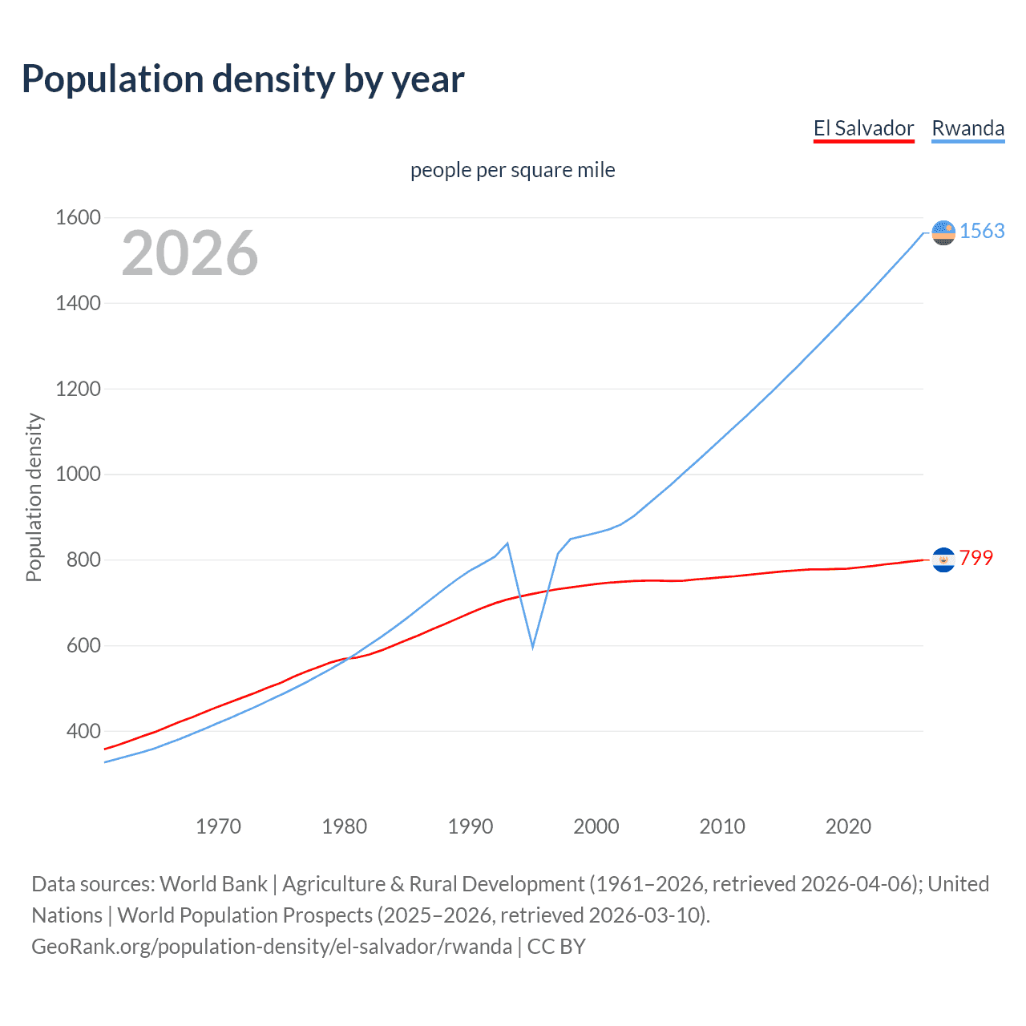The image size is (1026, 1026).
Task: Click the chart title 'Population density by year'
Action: [243, 79]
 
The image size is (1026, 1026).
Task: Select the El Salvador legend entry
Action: [863, 128]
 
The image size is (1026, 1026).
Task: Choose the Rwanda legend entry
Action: [967, 128]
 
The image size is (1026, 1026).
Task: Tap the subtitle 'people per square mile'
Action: [512, 170]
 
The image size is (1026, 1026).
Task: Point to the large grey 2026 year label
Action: [190, 253]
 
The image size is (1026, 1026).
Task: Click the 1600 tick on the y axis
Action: [78, 217]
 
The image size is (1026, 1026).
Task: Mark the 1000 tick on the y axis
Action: [78, 474]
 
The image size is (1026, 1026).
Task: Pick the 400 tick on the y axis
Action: [83, 731]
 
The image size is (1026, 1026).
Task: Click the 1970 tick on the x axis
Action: [218, 826]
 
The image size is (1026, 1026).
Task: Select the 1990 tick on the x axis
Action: [471, 826]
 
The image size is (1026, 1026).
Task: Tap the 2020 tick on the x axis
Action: [848, 826]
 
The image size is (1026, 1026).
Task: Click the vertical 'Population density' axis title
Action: [34, 497]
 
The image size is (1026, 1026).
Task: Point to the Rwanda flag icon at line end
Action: [943, 232]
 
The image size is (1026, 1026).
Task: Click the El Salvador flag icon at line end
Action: [943, 559]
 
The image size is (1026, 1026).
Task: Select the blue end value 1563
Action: [982, 231]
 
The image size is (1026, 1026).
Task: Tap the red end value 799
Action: [976, 558]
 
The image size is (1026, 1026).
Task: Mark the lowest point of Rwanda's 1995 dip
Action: [532, 646]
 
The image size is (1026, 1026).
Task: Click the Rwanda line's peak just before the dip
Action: [507, 543]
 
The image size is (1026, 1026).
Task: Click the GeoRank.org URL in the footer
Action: [272, 947]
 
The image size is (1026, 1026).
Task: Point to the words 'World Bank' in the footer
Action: [213, 884]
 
